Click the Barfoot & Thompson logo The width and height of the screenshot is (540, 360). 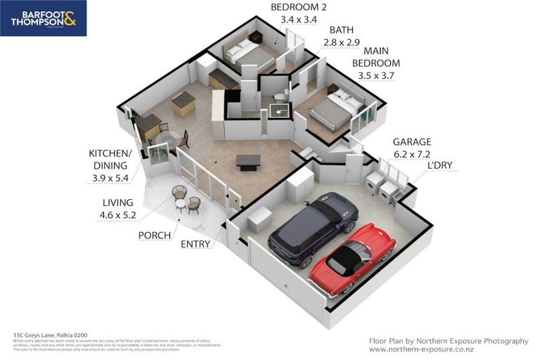click(x=44, y=18)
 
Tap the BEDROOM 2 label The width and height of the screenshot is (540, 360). click(x=299, y=8)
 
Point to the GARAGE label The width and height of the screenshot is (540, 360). click(x=411, y=141)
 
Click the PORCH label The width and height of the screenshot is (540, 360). click(x=154, y=236)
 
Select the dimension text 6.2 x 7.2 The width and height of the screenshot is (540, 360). click(x=411, y=153)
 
